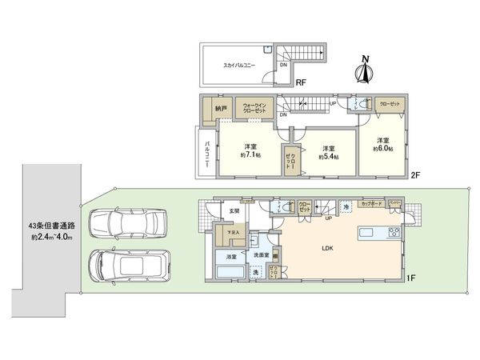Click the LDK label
click(x=327, y=247)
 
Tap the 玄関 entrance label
click(x=234, y=210)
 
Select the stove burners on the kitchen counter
click(x=394, y=233)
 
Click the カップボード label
click(x=370, y=203)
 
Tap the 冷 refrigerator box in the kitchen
click(x=346, y=208)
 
